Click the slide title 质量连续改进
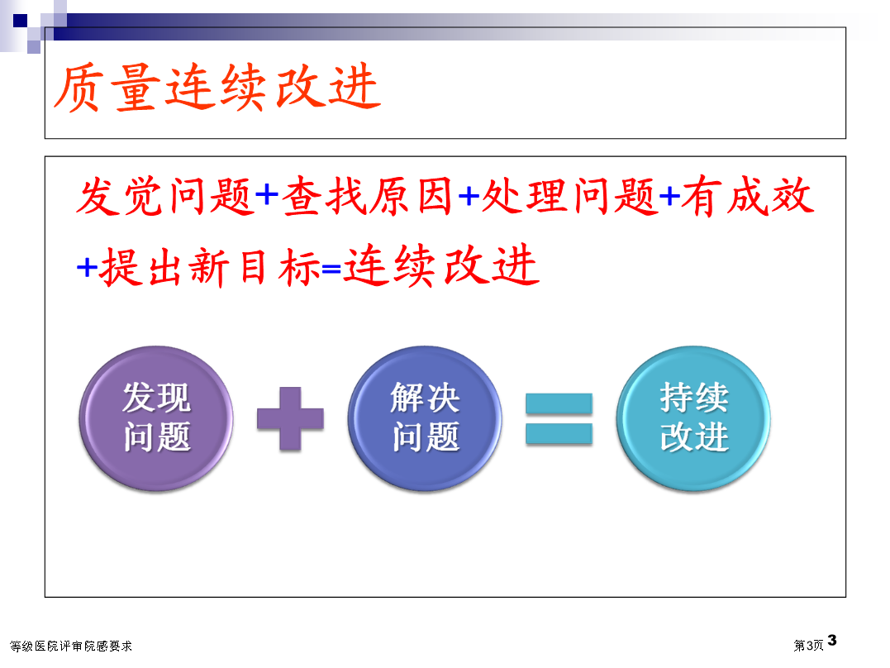pyautogui.click(x=217, y=87)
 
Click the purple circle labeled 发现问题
pyautogui.click(x=156, y=418)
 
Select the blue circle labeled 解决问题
pyautogui.click(x=425, y=418)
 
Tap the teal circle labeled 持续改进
pyautogui.click(x=693, y=418)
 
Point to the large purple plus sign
pyautogui.click(x=290, y=418)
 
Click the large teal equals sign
pyautogui.click(x=559, y=418)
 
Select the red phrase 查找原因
pyautogui.click(x=367, y=197)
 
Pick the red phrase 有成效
pyautogui.click(x=748, y=197)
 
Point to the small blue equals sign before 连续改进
pyautogui.click(x=331, y=268)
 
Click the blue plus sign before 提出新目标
pyautogui.click(x=88, y=267)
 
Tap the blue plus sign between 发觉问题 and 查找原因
pyautogui.click(x=267, y=196)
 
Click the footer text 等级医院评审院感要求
pyautogui.click(x=71, y=646)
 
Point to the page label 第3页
pyautogui.click(x=808, y=646)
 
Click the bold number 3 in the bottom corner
pyautogui.click(x=832, y=641)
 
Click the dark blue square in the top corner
pyautogui.click(x=20, y=21)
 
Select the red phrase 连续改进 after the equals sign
pyautogui.click(x=441, y=265)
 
